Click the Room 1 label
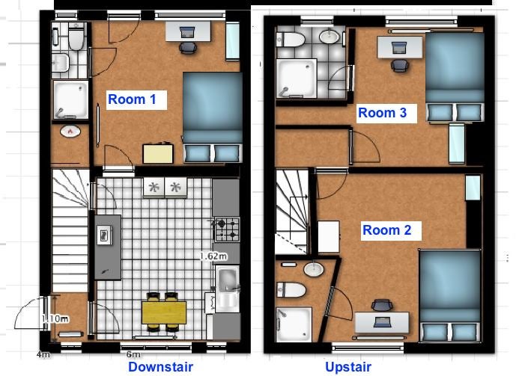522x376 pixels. click(x=132, y=99)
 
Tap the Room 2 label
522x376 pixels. click(x=387, y=230)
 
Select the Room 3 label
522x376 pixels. click(x=382, y=113)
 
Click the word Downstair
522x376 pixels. click(x=160, y=367)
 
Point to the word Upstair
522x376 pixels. click(x=348, y=367)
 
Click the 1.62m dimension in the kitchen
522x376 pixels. click(x=213, y=256)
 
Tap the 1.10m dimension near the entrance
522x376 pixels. click(x=55, y=319)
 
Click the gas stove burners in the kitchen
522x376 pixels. click(x=228, y=229)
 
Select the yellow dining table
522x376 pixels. click(x=164, y=312)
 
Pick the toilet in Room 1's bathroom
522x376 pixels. click(x=76, y=37)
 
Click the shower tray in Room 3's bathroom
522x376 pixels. click(x=297, y=78)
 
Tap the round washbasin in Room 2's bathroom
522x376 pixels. click(x=313, y=268)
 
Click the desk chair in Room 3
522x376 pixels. click(x=399, y=65)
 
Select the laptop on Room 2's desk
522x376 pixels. click(x=382, y=321)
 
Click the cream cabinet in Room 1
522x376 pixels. click(x=158, y=153)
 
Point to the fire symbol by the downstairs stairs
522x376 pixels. click(x=70, y=132)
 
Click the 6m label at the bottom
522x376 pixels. click(x=133, y=354)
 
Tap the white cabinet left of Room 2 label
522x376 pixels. click(x=329, y=237)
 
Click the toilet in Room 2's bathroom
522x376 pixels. click(x=291, y=289)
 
